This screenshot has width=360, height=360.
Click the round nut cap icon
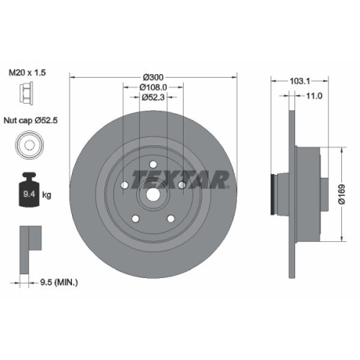pyautogui.click(x=26, y=147)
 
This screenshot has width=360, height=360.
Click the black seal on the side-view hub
pyautogui.click(x=271, y=195)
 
